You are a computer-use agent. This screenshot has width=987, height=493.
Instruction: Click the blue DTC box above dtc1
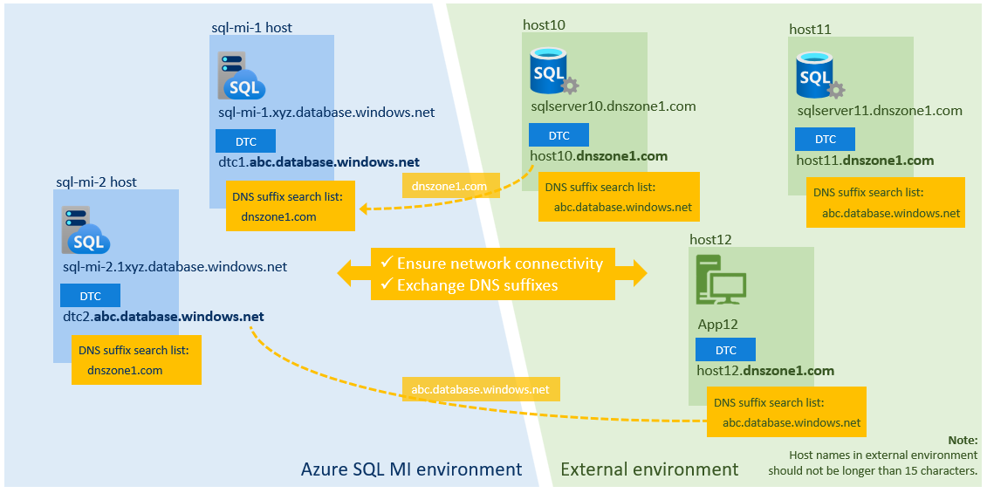[x=245, y=141]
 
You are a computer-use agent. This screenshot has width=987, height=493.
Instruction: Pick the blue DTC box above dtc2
[x=90, y=296]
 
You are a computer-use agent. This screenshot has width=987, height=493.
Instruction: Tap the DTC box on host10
[x=559, y=135]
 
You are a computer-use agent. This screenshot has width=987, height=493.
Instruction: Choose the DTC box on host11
[x=825, y=140]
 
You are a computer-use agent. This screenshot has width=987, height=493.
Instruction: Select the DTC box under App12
[x=725, y=350]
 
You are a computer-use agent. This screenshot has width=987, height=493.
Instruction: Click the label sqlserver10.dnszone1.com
[x=613, y=106]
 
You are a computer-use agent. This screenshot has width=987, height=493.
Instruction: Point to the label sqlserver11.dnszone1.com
[x=880, y=111]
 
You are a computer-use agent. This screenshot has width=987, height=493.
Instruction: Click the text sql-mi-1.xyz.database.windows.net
[x=326, y=113]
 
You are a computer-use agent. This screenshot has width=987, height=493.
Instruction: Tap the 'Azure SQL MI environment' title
[x=411, y=469]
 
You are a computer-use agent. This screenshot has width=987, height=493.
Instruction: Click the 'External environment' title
[x=648, y=469]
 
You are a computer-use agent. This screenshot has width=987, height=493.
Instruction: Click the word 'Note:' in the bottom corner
[x=963, y=440]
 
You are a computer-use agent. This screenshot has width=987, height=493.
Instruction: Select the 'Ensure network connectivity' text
[x=499, y=264]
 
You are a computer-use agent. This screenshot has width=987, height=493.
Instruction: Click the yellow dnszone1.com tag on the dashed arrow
[x=450, y=186]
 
